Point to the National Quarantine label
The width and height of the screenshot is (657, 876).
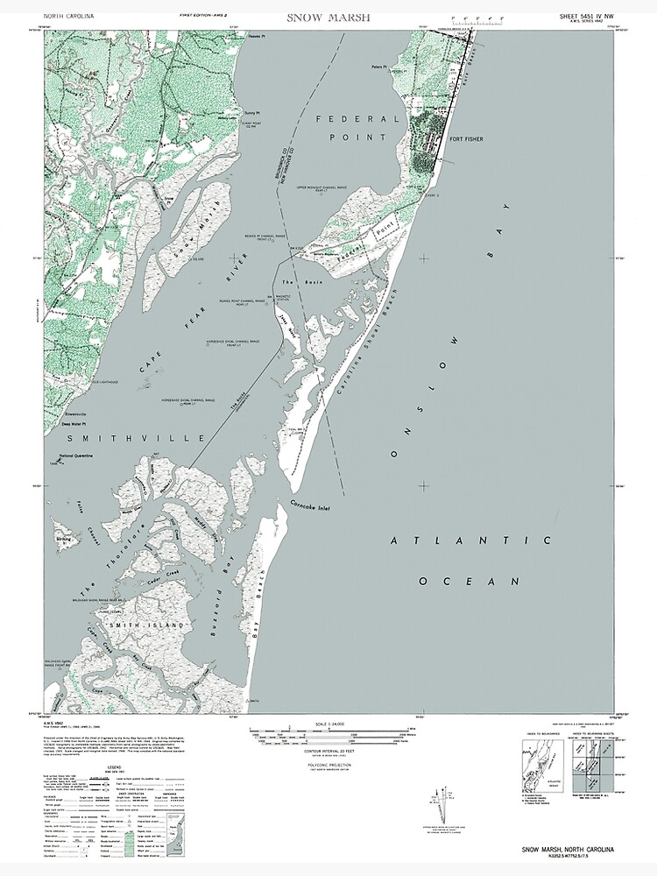pos(79,456)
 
